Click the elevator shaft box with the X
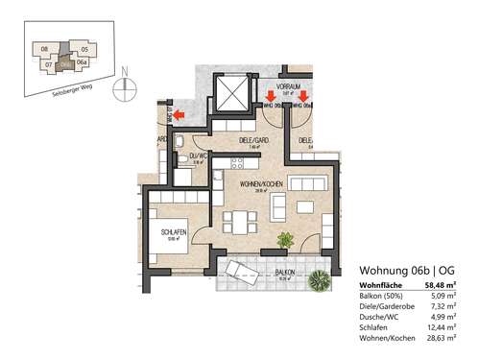click(x=231, y=94)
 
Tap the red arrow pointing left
click(x=177, y=114)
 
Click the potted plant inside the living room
click(x=283, y=240)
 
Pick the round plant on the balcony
click(x=318, y=279)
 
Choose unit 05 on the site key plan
click(x=84, y=48)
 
